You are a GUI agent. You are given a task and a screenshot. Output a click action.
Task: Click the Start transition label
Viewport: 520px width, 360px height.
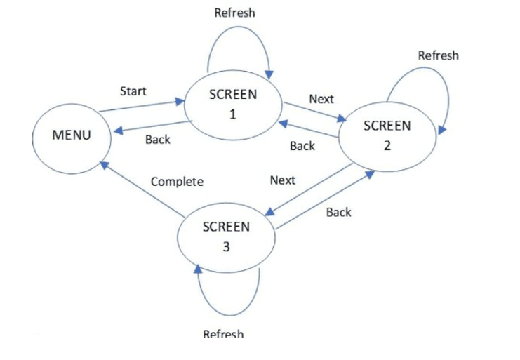(x=133, y=91)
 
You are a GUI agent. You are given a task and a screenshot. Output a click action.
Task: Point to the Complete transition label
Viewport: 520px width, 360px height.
(x=177, y=182)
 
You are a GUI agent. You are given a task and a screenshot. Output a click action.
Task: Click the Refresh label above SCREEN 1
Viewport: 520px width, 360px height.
(x=235, y=13)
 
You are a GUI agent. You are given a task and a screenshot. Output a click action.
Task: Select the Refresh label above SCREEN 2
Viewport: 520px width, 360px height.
(x=439, y=55)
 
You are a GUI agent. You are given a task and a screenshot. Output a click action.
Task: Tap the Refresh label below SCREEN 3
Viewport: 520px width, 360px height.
(x=224, y=333)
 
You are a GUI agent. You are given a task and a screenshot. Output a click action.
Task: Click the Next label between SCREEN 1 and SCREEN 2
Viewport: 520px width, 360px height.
(x=321, y=99)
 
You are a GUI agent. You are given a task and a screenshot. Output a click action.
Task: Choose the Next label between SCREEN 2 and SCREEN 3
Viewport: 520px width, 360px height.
(x=283, y=180)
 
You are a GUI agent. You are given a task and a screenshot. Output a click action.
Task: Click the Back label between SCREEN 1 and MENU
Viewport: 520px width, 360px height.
(x=158, y=140)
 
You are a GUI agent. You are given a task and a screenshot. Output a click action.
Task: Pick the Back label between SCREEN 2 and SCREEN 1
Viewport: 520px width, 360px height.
(x=302, y=146)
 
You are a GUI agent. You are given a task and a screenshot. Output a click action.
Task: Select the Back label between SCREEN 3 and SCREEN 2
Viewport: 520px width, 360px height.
(x=339, y=212)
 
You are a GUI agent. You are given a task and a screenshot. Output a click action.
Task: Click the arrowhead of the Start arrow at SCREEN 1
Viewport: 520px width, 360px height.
(x=180, y=101)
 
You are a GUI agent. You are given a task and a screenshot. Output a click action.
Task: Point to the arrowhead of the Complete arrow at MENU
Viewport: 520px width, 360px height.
(x=105, y=165)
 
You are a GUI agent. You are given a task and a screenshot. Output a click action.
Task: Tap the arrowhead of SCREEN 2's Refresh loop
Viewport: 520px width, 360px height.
(x=442, y=130)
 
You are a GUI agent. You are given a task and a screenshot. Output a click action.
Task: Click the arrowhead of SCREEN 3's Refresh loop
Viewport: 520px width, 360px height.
(x=198, y=269)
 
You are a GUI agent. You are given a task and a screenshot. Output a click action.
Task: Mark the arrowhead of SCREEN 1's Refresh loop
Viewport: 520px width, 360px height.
(x=269, y=74)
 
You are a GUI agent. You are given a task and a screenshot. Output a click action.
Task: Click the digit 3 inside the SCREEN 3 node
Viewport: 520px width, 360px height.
(x=226, y=247)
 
